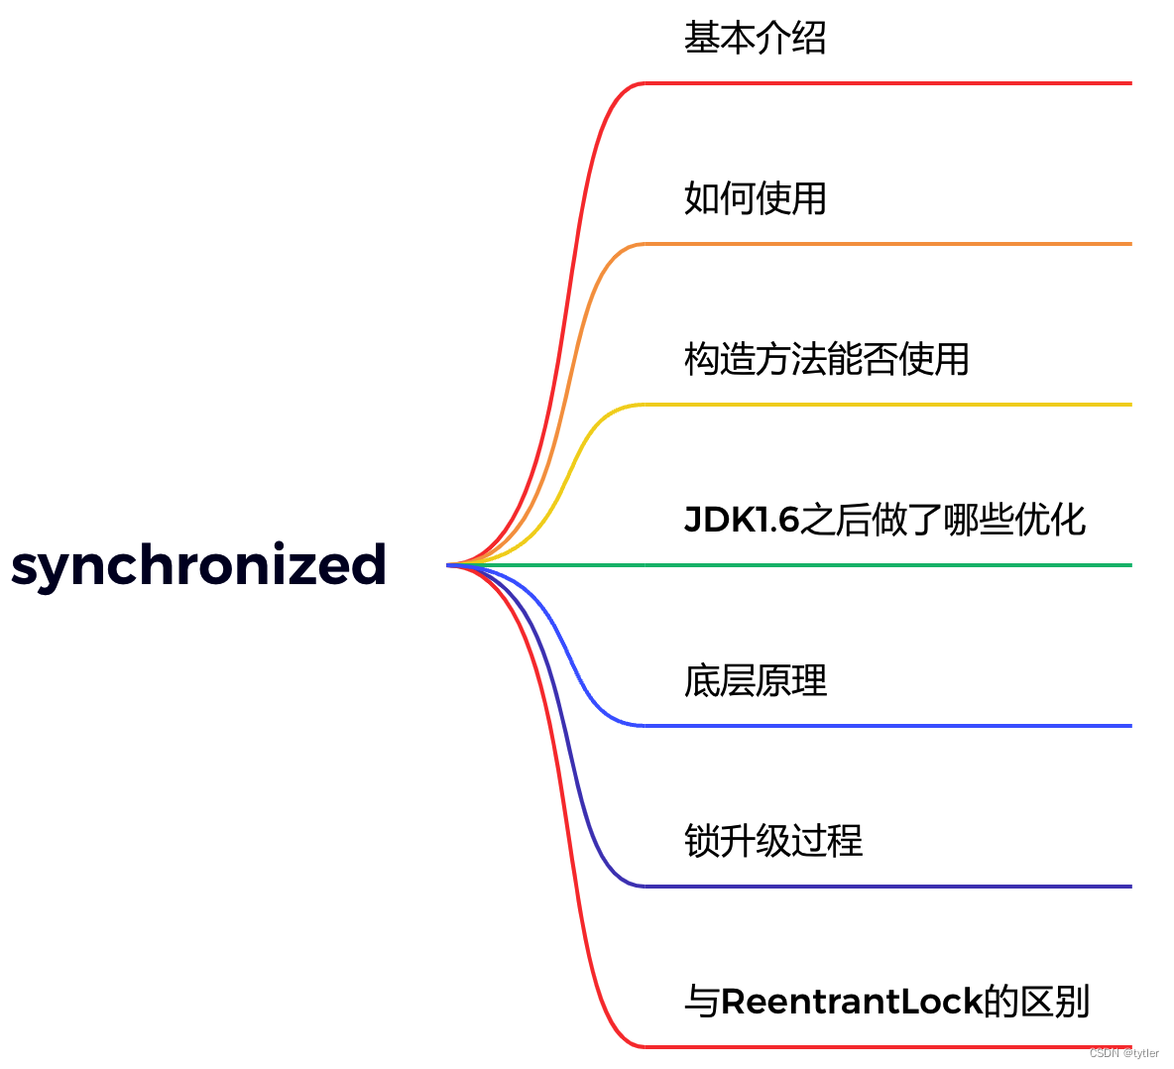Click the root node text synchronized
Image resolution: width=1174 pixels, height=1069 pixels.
(x=198, y=564)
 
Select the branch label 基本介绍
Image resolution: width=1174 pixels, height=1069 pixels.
(x=755, y=38)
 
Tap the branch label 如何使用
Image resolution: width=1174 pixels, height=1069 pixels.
(x=755, y=198)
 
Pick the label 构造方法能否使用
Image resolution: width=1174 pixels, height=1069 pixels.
(x=826, y=359)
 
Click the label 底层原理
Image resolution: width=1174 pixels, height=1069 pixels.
(x=755, y=680)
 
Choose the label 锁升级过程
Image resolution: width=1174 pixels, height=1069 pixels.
(x=772, y=841)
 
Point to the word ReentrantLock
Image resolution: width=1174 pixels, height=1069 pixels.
(x=851, y=1002)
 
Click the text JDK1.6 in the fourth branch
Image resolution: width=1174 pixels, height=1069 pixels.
(x=742, y=520)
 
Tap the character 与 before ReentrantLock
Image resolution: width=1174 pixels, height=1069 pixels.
(x=701, y=1002)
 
